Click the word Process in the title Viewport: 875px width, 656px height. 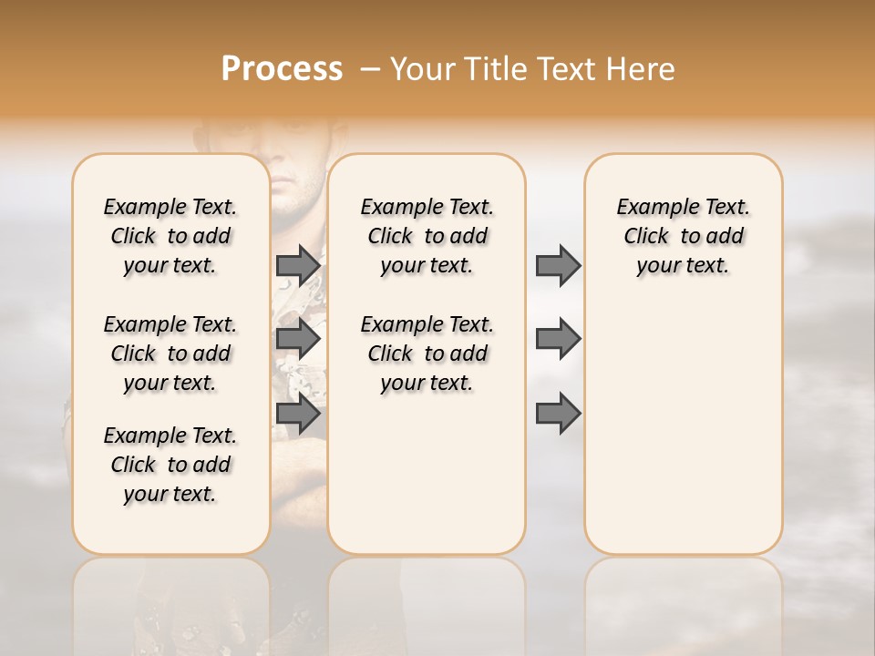click(282, 69)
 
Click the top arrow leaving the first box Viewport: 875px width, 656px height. click(298, 266)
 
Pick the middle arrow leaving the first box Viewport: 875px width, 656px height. click(298, 340)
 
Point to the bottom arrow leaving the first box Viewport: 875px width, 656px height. click(298, 414)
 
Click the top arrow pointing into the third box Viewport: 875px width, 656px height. click(558, 266)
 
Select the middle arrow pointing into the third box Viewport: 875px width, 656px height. click(558, 340)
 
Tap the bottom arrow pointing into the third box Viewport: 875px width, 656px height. click(558, 414)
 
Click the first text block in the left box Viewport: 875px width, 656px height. click(170, 236)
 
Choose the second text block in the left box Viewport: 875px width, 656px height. click(170, 354)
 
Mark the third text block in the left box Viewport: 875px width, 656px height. click(170, 465)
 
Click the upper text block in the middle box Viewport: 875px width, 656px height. click(427, 236)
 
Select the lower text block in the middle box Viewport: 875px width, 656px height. click(427, 354)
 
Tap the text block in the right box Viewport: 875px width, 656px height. click(683, 236)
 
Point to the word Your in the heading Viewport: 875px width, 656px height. click(423, 69)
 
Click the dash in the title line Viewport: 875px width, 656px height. click(371, 69)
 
